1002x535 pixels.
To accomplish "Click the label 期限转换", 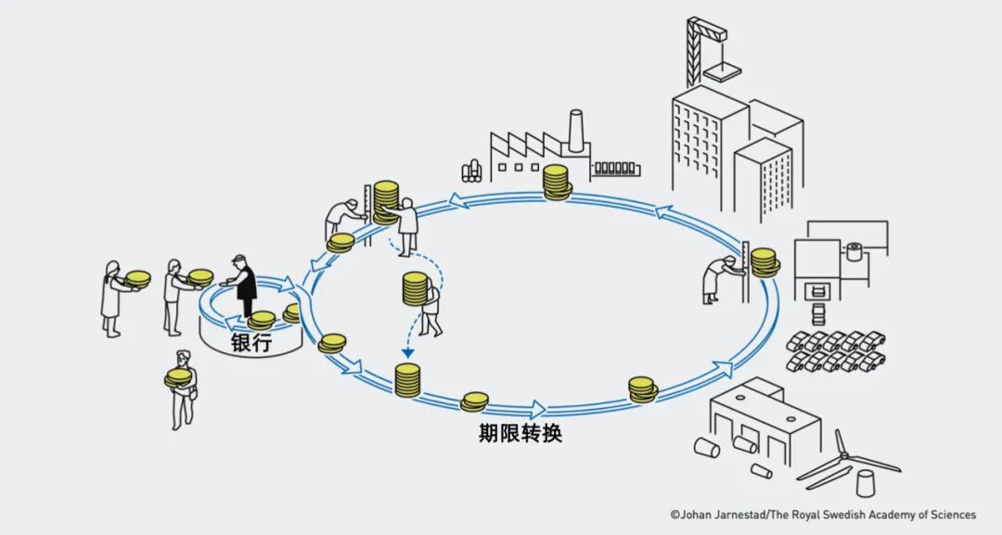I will [520, 433].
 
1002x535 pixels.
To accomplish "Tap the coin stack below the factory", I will [556, 182].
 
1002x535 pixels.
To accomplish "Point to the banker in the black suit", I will [245, 284].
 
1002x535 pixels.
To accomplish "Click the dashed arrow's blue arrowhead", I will [406, 352].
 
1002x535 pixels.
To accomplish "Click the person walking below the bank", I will [183, 389].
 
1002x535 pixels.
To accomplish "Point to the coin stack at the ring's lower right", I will [642, 389].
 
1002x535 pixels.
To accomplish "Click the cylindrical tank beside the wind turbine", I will [865, 484].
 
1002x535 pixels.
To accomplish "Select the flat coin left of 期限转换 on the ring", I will [474, 401].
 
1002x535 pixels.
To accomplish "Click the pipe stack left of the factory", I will [472, 170].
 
